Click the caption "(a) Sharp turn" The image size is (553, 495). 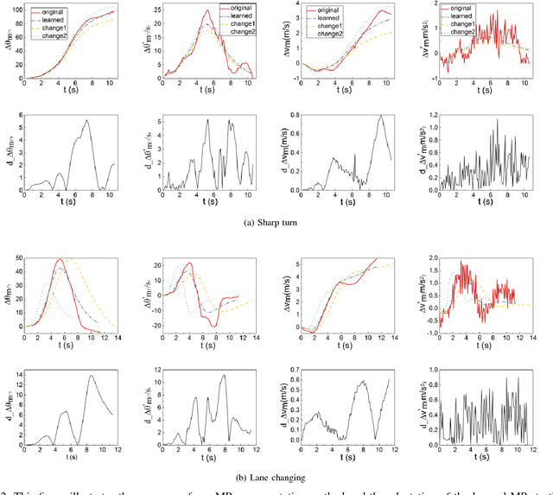276,221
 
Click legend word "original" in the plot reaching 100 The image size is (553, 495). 51,10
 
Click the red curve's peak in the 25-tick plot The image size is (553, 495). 207,11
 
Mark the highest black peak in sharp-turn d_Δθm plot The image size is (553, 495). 85,120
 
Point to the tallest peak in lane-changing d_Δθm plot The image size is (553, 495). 89,376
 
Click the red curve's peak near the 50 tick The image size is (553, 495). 59,259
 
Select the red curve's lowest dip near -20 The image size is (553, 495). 216,326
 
